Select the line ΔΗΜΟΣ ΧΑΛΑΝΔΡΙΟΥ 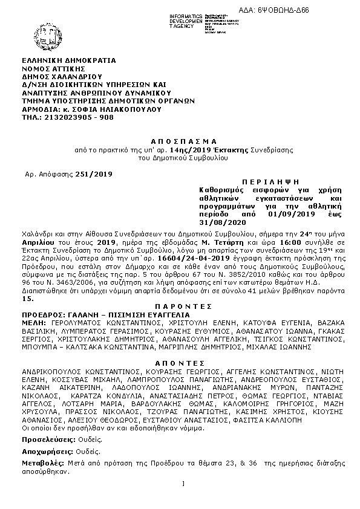point(62,77)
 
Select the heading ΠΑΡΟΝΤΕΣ point(179,307)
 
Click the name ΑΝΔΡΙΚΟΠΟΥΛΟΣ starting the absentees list point(59,371)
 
